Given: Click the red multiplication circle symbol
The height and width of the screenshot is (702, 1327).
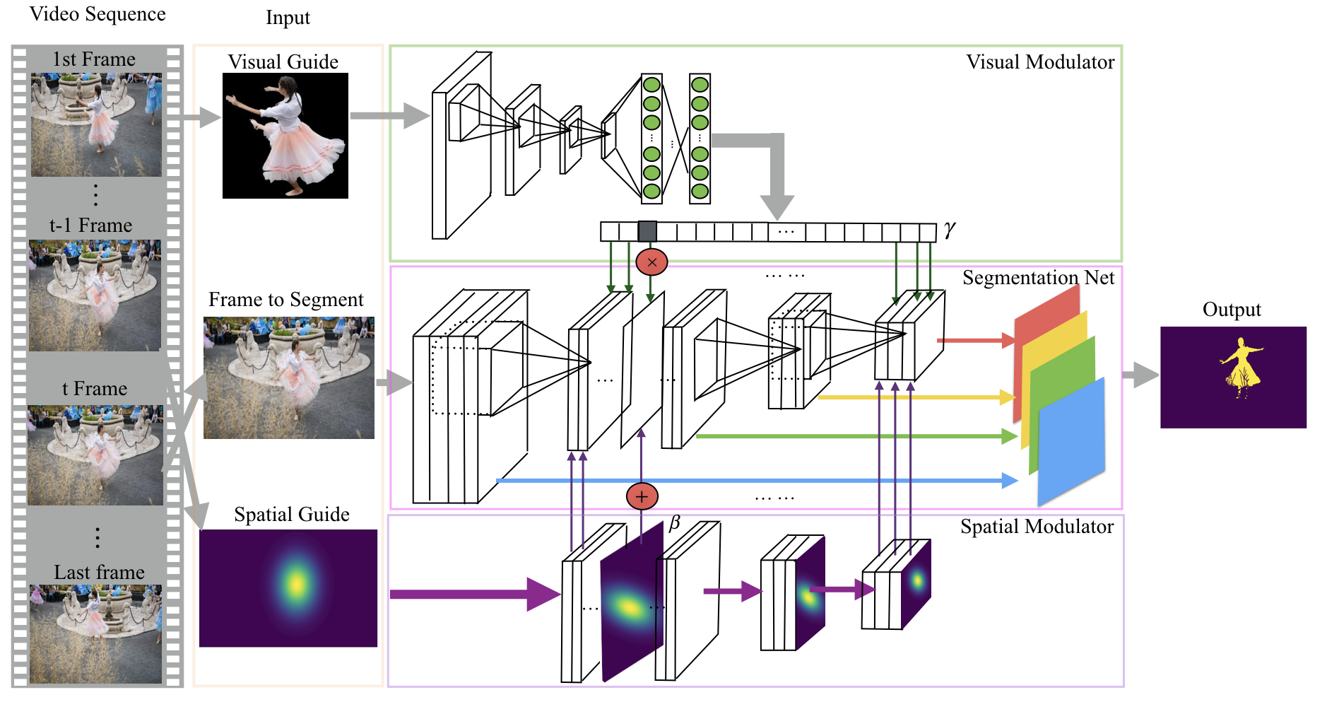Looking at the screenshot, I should click(651, 262).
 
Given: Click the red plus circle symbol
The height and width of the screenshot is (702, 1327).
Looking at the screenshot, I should click(642, 496).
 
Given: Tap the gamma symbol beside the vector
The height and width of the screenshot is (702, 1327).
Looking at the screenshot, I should click(949, 229).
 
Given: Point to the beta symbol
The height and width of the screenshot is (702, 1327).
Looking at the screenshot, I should click(674, 522).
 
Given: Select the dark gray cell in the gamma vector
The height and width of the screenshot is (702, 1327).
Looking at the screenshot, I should click(647, 231).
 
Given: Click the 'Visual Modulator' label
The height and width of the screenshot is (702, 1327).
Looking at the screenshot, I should click(1039, 62).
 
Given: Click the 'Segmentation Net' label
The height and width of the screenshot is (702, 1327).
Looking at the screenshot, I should click(1037, 278).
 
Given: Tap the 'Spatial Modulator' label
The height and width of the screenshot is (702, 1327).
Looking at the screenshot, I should click(1036, 527).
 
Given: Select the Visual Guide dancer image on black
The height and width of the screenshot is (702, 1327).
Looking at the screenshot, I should click(285, 136).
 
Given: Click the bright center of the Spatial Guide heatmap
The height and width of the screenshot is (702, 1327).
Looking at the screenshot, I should click(297, 584).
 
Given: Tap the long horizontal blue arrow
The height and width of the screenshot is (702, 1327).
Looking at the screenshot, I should click(749, 481).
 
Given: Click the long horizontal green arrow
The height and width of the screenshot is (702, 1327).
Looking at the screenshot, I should click(848, 436).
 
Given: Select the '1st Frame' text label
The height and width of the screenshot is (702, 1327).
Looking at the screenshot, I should click(94, 59).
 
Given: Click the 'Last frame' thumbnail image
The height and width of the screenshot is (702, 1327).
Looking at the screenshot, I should click(95, 633).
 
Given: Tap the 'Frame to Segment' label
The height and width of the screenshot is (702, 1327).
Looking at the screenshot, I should click(285, 300).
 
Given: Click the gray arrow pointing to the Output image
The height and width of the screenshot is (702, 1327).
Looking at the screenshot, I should click(1140, 375).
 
